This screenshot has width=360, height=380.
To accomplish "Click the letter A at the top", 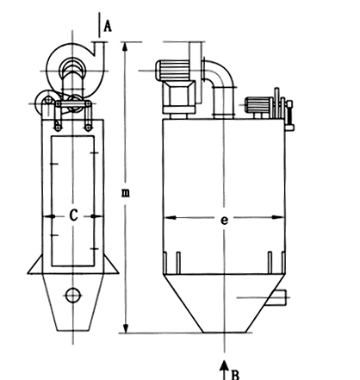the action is click(x=108, y=26).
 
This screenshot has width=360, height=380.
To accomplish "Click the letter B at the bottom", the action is click(x=235, y=375).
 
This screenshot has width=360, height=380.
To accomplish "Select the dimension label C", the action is click(x=74, y=215).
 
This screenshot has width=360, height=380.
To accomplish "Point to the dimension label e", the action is click(x=224, y=221).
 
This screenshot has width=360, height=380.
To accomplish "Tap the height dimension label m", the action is click(x=126, y=193).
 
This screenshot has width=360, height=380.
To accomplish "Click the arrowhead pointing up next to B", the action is click(x=224, y=365).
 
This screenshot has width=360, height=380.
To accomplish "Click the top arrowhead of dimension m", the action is click(x=125, y=47).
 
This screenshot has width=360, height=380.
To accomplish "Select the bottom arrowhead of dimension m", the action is click(x=126, y=327).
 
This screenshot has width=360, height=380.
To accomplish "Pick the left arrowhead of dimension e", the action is click(x=170, y=218).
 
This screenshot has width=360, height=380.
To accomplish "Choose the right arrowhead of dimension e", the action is click(x=278, y=217).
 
